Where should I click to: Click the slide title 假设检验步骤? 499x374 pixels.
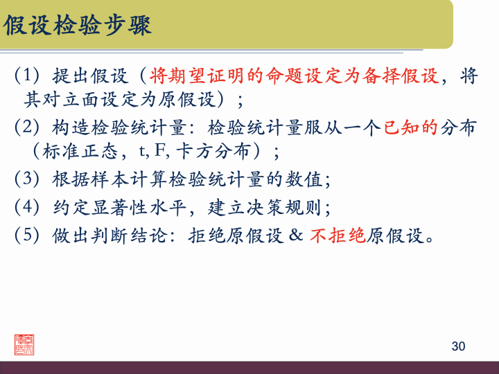78,26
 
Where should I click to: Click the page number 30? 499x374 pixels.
458,346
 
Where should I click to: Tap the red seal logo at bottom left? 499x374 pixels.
25,344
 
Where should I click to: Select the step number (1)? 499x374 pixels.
28,75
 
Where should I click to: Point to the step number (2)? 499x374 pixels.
28,127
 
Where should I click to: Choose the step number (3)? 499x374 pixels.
28,179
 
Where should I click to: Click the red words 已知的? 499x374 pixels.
410,127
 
